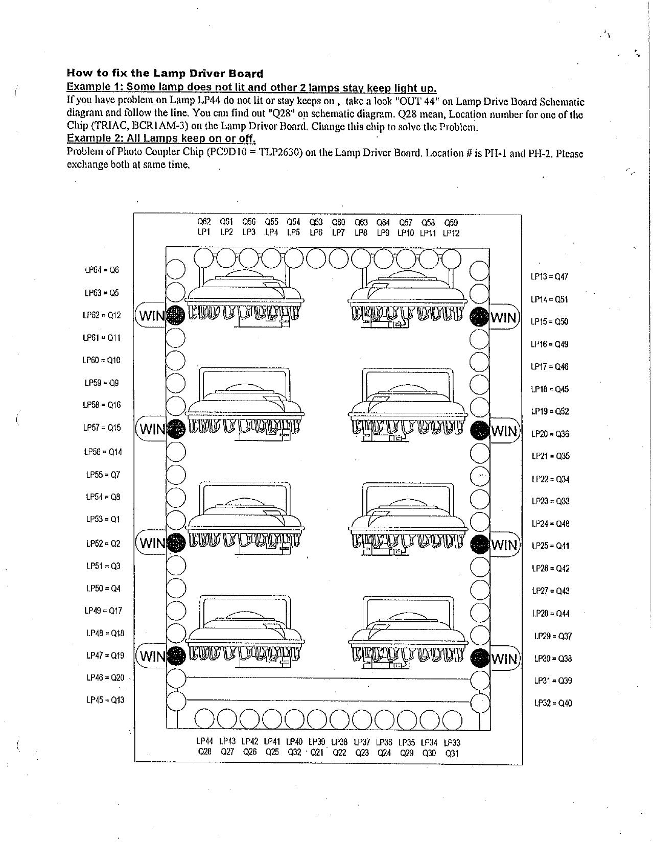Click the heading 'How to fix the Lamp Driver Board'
[x=165, y=73]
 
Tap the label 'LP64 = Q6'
[x=102, y=270]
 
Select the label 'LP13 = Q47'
[x=549, y=276]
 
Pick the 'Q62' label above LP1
[x=204, y=222]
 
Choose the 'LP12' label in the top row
[x=451, y=233]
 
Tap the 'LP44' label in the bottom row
[x=204, y=741]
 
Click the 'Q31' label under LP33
[x=452, y=753]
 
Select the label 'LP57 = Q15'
[x=102, y=427]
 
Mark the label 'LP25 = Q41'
[x=550, y=546]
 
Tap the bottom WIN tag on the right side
[x=504, y=659]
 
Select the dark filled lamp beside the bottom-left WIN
[x=175, y=655]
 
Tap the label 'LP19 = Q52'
[x=550, y=411]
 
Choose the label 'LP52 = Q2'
[x=103, y=543]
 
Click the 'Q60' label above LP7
[x=338, y=222]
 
